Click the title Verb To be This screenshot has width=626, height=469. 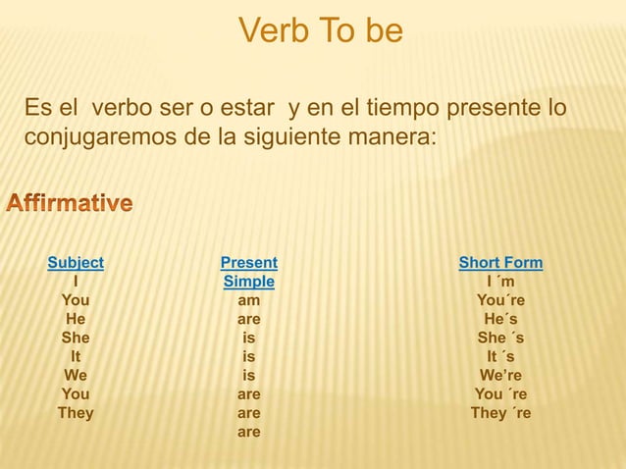point(320,31)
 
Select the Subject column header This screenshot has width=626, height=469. point(76,263)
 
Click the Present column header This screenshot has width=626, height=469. point(249,263)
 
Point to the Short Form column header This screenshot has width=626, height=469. point(500,263)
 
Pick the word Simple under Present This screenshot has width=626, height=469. point(249,282)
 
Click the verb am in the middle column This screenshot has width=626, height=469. point(249,300)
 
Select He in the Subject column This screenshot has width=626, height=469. point(76,319)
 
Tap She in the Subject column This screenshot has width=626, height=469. point(76,338)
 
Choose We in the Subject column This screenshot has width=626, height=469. point(76,375)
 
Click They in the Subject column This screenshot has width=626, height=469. point(76,412)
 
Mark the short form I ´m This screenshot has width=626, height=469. point(500,282)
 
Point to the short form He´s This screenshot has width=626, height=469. point(500,319)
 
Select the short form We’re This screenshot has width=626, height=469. point(500,375)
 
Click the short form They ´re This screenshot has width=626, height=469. point(500,412)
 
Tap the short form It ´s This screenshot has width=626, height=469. point(500,356)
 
